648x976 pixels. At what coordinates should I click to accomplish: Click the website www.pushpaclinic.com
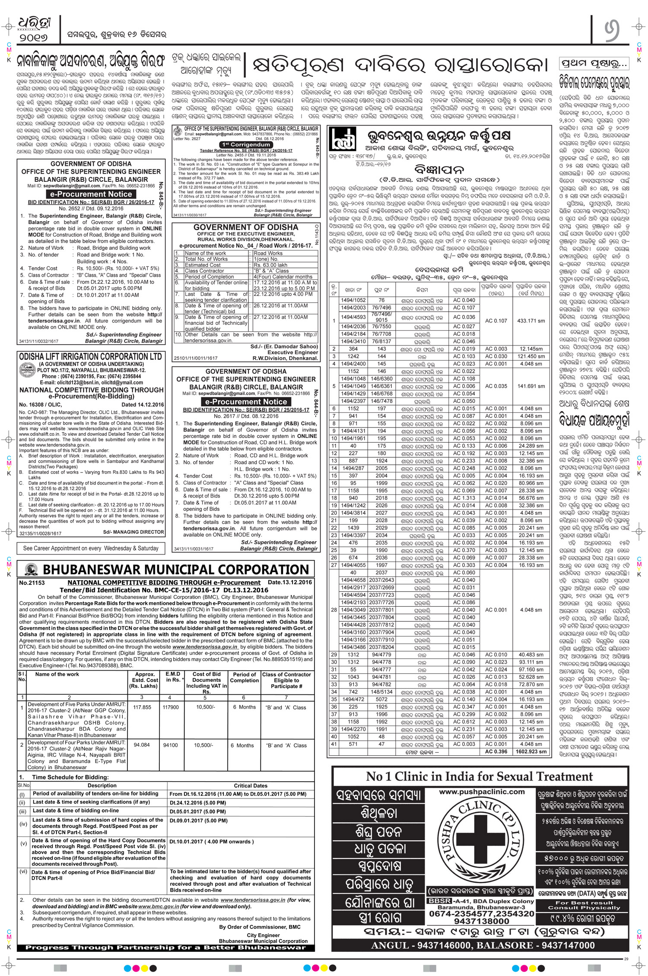point(481,792)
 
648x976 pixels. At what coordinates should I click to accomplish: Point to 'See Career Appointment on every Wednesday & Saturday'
point(91,548)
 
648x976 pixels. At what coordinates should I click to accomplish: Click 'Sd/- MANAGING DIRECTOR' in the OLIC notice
point(139,532)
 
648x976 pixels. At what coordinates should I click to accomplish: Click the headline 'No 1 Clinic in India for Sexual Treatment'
point(480,776)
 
